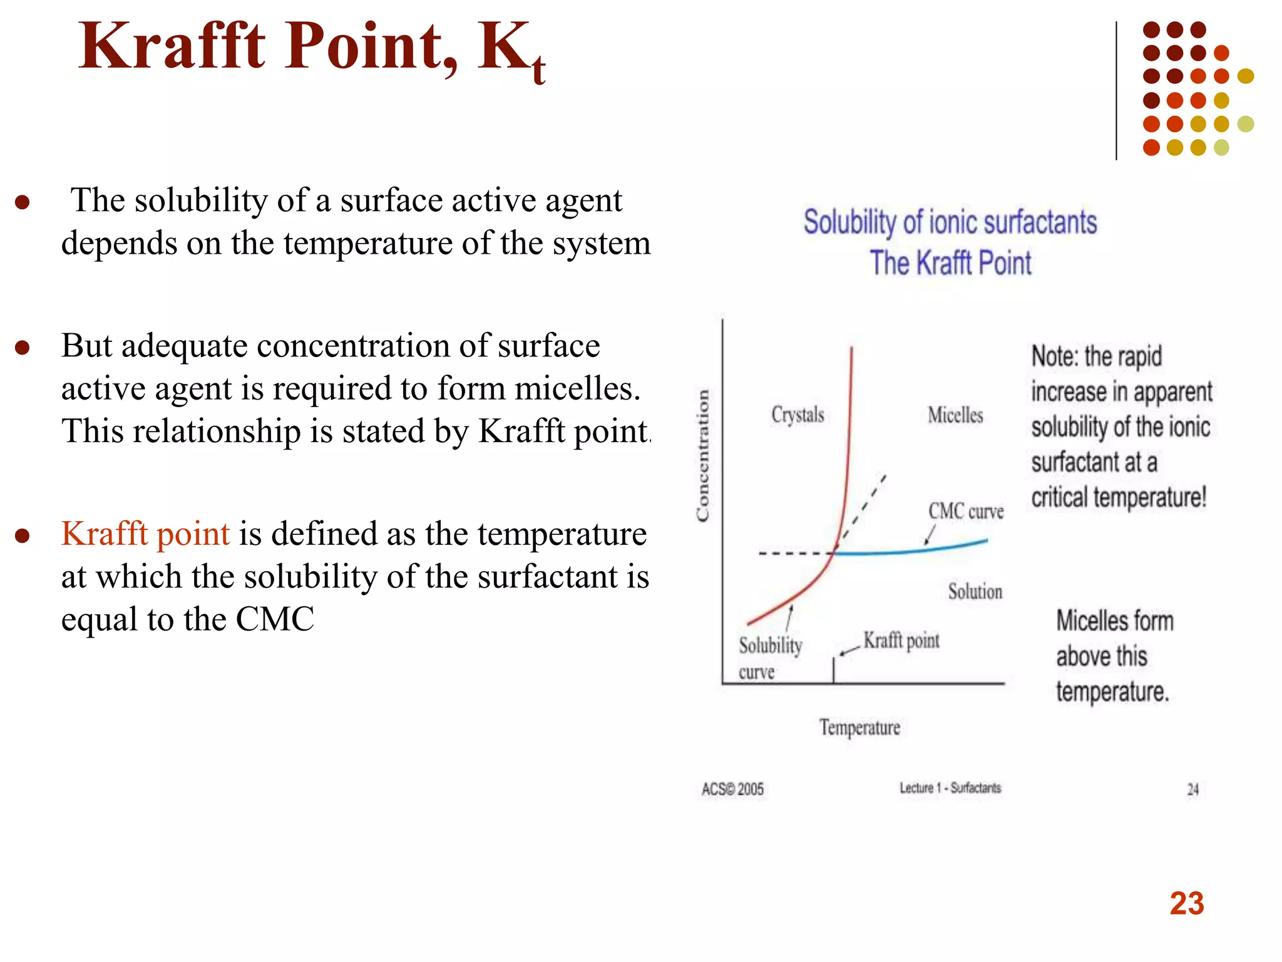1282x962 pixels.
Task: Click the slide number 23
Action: [x=1186, y=904]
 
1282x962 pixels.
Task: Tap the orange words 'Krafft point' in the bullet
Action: [x=145, y=534]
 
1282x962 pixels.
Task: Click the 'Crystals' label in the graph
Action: [x=797, y=415]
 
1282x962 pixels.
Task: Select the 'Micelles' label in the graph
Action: [x=955, y=415]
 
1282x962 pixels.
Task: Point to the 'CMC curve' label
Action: [x=966, y=512]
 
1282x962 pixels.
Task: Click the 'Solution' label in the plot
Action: [x=975, y=592]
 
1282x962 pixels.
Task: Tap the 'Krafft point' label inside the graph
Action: [x=901, y=641]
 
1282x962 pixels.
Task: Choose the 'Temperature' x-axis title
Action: [x=859, y=728]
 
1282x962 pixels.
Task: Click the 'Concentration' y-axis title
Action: [x=703, y=455]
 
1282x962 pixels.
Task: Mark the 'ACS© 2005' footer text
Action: [x=732, y=789]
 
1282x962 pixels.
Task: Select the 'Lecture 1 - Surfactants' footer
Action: [x=950, y=788]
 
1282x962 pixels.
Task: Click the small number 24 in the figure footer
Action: [x=1193, y=790]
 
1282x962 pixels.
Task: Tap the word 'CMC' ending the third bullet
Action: [x=275, y=619]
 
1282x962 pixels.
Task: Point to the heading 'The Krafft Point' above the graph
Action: [x=950, y=263]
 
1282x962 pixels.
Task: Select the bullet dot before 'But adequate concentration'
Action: [x=23, y=348]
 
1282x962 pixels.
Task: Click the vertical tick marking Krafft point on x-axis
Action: [x=833, y=670]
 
